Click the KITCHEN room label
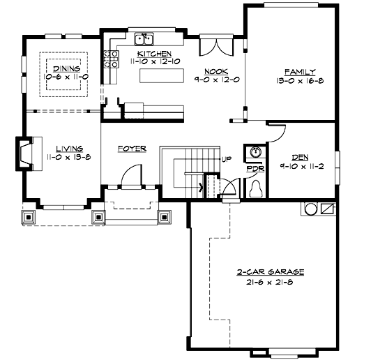pyautogui.click(x=154, y=54)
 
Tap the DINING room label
pyautogui.click(x=67, y=68)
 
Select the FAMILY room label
pyautogui.click(x=300, y=72)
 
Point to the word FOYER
pyautogui.click(x=132, y=149)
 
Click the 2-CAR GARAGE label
pyautogui.click(x=271, y=272)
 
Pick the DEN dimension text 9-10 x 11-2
pyautogui.click(x=302, y=166)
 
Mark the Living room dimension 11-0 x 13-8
pyautogui.click(x=69, y=157)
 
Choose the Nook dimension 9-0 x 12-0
pyautogui.click(x=217, y=80)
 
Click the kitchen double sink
pyautogui.click(x=144, y=39)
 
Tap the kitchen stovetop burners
pyautogui.click(x=111, y=59)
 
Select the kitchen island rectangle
pyautogui.click(x=162, y=75)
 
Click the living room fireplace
pyautogui.click(x=24, y=153)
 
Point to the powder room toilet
pyautogui.click(x=256, y=189)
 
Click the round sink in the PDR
pyautogui.click(x=256, y=152)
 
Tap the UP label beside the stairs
pyautogui.click(x=227, y=160)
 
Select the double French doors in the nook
pyautogui.click(x=216, y=47)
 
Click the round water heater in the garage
pyautogui.click(x=311, y=209)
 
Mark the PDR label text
pyautogui.click(x=256, y=169)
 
